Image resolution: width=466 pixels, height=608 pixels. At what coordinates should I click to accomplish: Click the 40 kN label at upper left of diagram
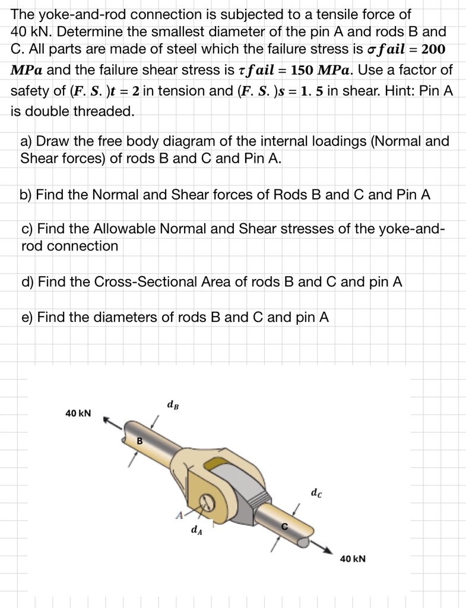[x=78, y=413]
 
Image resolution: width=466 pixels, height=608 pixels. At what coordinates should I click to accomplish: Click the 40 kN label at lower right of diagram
[x=353, y=559]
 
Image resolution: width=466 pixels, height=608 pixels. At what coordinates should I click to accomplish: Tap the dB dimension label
[x=172, y=406]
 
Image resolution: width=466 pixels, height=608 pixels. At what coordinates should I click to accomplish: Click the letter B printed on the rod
[x=140, y=440]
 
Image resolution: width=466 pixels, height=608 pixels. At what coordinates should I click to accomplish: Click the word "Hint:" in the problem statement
[x=416, y=91]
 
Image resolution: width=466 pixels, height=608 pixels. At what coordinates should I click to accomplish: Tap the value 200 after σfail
[x=433, y=49]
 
